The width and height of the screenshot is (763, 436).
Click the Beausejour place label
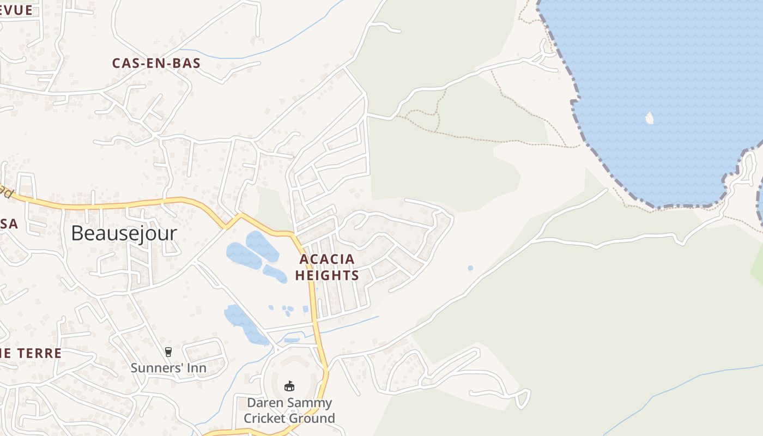(x=124, y=233)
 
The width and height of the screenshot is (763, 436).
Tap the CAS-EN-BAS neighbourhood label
(x=156, y=63)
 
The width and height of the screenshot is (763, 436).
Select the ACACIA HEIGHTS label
(x=327, y=267)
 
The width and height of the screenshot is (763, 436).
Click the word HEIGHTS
(x=327, y=275)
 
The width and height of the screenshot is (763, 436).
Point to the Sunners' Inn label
(x=168, y=368)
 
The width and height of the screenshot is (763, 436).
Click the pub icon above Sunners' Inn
(x=168, y=352)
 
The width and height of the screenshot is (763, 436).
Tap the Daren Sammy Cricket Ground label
(x=289, y=411)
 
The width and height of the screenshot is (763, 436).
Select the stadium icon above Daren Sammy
(x=289, y=386)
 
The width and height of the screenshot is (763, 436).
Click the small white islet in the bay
(x=650, y=118)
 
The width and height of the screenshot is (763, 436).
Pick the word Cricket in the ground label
(x=267, y=419)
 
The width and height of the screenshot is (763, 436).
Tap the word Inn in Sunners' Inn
(x=196, y=368)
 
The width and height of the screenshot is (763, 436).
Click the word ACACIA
(x=327, y=259)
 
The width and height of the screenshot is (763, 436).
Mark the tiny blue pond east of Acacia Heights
(x=470, y=268)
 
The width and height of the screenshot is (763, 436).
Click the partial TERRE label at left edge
(x=31, y=353)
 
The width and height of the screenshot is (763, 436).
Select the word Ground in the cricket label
(x=314, y=419)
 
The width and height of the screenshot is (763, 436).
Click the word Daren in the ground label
(x=265, y=403)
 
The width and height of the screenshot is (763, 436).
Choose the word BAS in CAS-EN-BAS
(x=186, y=63)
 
